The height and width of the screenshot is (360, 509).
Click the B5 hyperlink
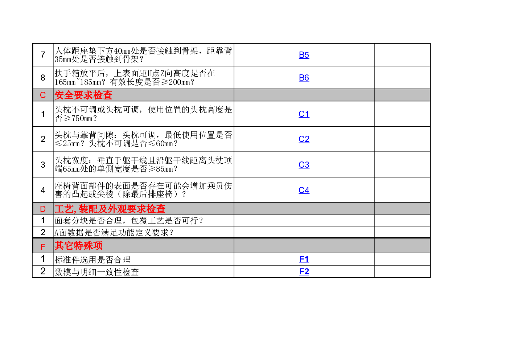304,55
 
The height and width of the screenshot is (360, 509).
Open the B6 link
304,78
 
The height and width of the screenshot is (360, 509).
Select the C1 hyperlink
304,114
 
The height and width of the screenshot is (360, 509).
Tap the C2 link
304,139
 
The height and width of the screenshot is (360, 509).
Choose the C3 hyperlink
304,164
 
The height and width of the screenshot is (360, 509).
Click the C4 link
304,190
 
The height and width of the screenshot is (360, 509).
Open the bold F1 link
304,259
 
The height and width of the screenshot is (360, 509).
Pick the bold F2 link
304,271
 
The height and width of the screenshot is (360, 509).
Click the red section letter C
43,95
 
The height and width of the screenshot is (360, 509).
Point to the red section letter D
43,209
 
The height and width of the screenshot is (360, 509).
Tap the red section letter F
43,247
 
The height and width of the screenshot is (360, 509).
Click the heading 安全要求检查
83,95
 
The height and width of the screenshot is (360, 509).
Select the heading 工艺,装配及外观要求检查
110,209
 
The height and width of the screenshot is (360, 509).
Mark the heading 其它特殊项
79,245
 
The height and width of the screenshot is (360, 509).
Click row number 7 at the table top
43,54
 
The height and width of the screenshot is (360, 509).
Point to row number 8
43,78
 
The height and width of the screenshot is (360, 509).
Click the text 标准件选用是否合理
93,259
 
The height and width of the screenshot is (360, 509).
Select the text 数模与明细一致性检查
97,272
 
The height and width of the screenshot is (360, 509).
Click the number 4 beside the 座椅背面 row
43,190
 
